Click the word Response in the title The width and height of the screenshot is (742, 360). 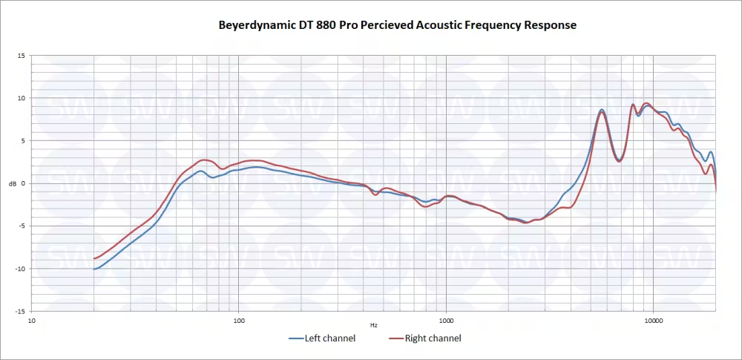[551, 25]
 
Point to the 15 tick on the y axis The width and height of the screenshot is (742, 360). [22, 56]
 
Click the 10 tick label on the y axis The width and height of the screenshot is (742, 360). [22, 98]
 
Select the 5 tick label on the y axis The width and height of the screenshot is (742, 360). [24, 140]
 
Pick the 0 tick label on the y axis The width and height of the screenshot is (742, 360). [24, 183]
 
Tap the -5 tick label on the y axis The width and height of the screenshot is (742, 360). [22, 226]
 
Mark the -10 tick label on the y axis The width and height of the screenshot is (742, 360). [21, 269]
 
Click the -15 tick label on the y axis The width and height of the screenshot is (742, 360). [21, 311]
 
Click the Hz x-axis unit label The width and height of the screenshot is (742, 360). [374, 325]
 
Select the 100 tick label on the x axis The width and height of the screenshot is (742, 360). [239, 321]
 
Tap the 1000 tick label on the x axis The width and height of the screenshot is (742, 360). [446, 321]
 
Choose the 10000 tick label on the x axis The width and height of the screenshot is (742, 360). [653, 321]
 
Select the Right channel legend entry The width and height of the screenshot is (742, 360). [433, 338]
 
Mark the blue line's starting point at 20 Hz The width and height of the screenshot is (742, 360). [94, 269]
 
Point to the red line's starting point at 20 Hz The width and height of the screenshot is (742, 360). [94, 258]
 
